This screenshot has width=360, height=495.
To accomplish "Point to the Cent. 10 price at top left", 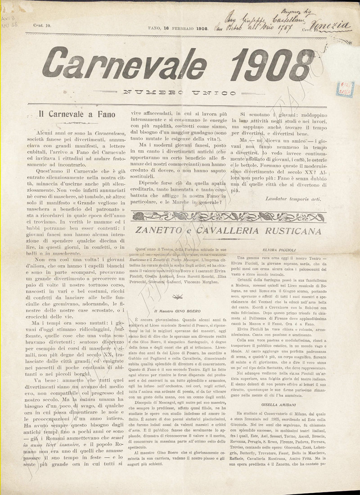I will click(x=41, y=27).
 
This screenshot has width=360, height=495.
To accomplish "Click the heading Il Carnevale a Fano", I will click(x=77, y=114).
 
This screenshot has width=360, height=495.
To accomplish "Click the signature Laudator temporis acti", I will click(x=293, y=198).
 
